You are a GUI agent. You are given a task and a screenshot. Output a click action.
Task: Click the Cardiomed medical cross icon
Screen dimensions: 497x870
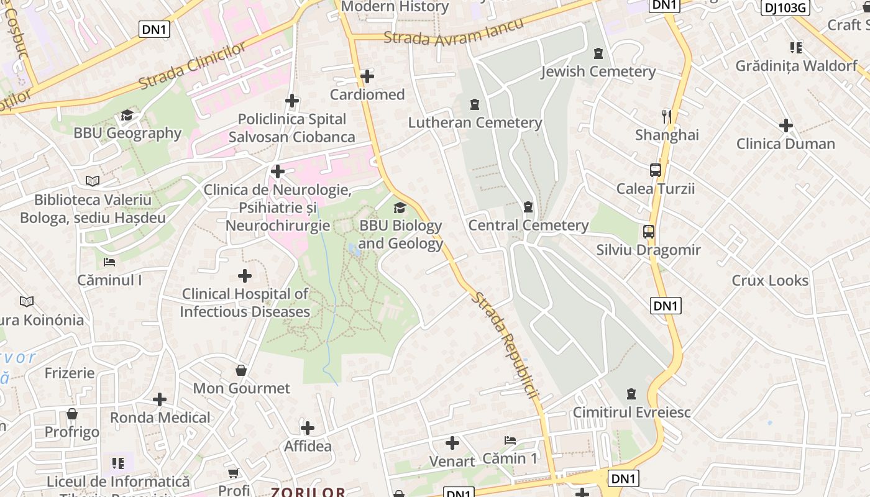367,76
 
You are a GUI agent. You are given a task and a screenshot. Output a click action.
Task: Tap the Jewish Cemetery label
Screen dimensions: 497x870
598,71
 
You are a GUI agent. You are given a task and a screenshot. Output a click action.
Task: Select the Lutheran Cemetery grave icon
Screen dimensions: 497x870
475,104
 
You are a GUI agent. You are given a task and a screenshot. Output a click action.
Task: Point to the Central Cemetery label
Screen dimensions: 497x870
528,225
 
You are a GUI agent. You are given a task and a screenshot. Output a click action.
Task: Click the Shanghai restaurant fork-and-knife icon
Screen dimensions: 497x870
667,116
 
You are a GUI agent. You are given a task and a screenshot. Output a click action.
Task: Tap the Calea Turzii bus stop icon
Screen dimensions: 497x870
655,170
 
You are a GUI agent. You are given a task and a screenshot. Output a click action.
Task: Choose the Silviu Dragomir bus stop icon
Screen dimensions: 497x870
649,232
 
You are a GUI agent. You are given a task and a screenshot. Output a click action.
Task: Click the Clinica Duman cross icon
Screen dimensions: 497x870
785,125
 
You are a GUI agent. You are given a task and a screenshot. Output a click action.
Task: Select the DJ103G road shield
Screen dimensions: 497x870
785,7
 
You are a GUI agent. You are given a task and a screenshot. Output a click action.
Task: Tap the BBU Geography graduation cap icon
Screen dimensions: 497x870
127,115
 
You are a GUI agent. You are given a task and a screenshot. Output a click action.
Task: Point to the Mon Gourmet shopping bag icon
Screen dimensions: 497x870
241,371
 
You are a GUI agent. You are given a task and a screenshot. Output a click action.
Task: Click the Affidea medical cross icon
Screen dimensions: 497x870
308,428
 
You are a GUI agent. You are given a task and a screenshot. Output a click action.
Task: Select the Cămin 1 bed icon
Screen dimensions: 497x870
510,440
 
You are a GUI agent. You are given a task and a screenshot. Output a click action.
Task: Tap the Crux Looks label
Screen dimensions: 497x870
770,280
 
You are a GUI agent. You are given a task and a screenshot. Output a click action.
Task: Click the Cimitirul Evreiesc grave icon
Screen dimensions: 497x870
631,394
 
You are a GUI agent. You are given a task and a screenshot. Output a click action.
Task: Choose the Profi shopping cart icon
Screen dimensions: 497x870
234,473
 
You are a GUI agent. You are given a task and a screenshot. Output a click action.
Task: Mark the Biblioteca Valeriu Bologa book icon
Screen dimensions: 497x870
93,181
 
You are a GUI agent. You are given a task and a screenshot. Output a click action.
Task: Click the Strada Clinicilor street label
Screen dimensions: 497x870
193,66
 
